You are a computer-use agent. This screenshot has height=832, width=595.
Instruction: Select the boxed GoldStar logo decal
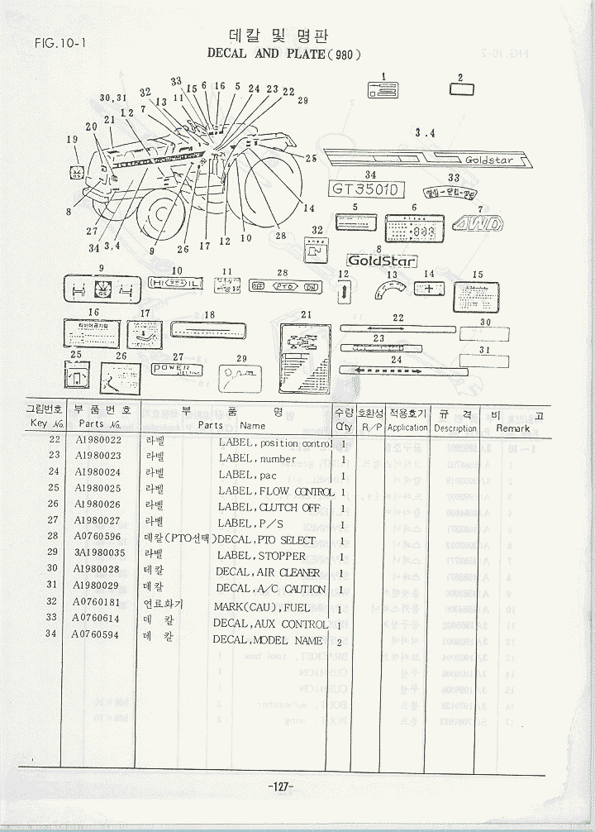click(x=382, y=261)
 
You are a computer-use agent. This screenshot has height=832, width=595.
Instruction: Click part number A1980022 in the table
click(x=98, y=443)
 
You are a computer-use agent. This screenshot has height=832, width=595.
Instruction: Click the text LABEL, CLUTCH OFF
click(x=269, y=507)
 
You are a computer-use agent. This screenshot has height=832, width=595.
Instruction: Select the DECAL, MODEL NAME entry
click(x=267, y=640)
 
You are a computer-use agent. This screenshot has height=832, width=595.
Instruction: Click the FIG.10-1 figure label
click(x=61, y=44)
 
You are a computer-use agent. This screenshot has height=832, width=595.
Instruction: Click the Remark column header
click(x=513, y=428)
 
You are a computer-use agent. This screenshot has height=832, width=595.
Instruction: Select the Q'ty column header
click(x=344, y=428)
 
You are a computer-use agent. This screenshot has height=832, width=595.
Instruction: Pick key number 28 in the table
click(x=54, y=538)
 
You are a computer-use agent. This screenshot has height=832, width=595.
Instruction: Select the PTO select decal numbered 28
click(x=285, y=285)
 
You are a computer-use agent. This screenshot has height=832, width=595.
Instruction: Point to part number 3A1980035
click(x=99, y=554)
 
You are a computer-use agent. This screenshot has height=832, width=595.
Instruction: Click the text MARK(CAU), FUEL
click(x=262, y=607)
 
